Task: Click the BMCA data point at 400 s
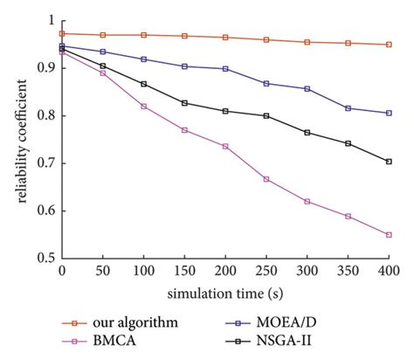point(390,235)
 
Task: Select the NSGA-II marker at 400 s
point(390,162)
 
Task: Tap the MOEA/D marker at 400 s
point(390,113)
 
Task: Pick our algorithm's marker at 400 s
point(390,45)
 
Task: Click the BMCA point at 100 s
point(143,107)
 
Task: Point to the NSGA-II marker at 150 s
point(184,103)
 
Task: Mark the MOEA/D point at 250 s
point(266,84)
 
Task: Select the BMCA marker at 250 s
point(266,179)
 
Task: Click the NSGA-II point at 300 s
point(307,133)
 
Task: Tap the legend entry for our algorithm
point(131,322)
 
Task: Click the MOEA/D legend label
point(306,322)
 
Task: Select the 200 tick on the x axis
point(225,274)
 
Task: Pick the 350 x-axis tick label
point(348,274)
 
